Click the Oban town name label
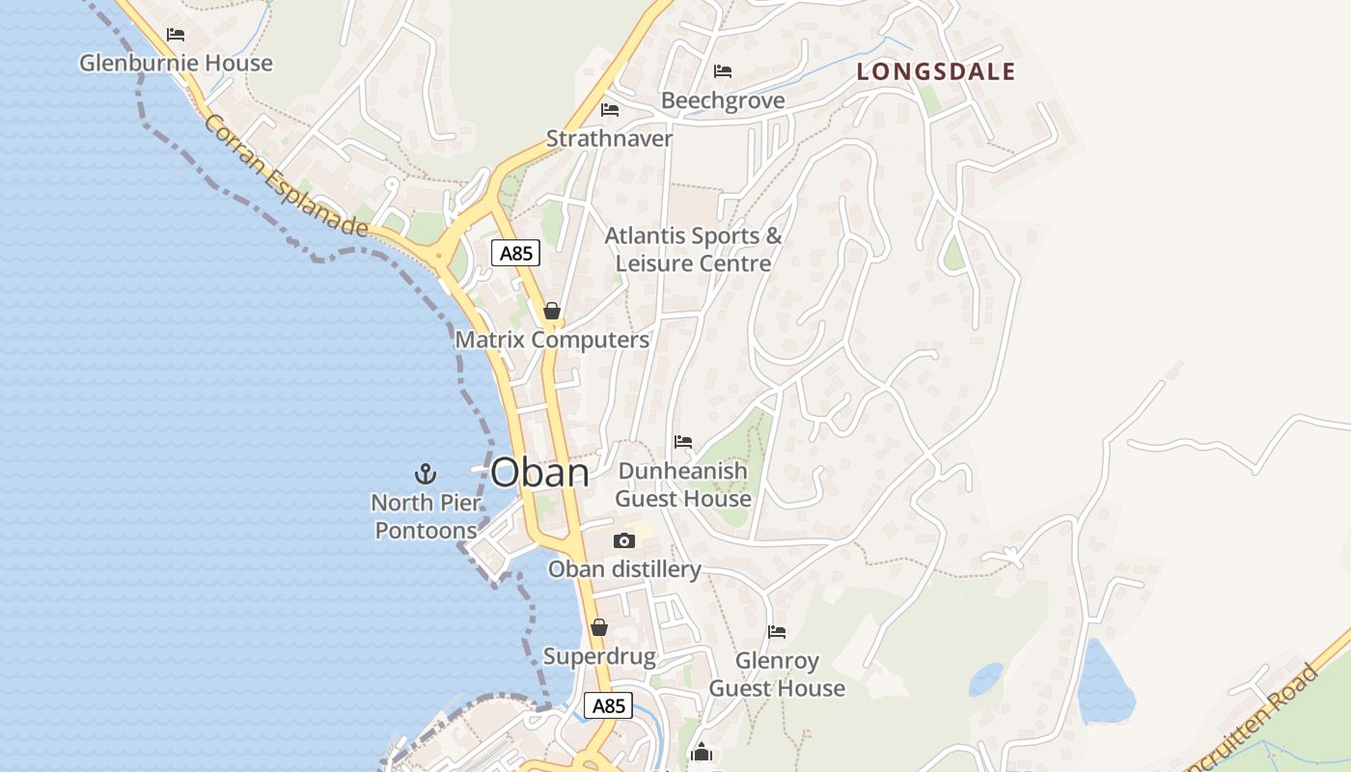539,473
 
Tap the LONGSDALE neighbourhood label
936,71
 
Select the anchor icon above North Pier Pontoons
426,473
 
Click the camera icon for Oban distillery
624,540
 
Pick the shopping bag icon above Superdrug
599,627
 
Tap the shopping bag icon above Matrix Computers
552,311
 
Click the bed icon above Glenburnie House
176,35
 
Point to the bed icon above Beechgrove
723,71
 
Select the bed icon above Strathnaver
610,109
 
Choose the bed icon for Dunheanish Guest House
683,442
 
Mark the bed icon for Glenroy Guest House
777,632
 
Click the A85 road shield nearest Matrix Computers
515,254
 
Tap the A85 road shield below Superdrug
608,705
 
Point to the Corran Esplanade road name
286,176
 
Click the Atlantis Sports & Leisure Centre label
694,249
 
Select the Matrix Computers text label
552,340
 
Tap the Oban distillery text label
624,569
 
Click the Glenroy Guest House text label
777,675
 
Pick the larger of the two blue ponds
1104,683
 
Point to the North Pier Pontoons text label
426,516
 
